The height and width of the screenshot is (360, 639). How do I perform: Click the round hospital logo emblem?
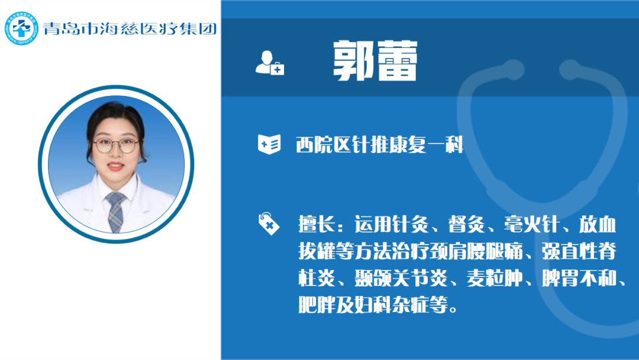point(21,28)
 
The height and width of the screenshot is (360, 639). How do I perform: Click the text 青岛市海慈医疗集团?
point(130,28)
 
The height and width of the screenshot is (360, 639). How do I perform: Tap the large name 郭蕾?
point(375,60)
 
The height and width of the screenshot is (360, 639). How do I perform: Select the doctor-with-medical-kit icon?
point(270,63)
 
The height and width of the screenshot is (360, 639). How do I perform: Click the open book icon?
point(269,144)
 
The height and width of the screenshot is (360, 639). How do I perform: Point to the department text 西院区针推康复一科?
point(380,145)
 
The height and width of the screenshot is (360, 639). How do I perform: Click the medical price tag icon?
point(269,223)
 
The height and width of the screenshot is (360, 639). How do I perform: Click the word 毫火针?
point(531,224)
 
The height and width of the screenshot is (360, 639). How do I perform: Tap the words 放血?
point(598,224)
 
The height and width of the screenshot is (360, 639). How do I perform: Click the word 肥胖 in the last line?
point(317,304)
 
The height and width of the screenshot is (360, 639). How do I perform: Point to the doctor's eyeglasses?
point(116,145)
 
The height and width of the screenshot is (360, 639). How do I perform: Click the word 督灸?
point(467,224)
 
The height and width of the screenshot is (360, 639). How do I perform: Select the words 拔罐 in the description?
point(317,251)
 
